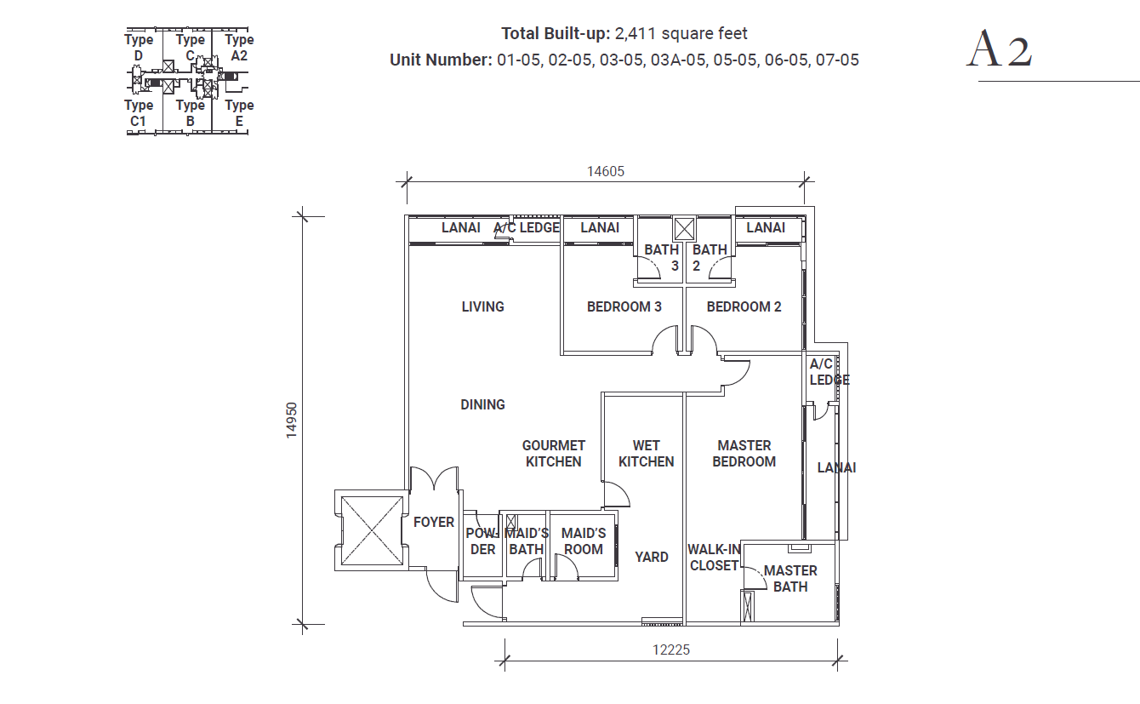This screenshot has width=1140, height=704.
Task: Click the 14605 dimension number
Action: (605, 171)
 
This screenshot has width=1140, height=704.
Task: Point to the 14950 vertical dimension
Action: (291, 421)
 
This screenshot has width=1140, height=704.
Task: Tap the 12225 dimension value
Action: (670, 650)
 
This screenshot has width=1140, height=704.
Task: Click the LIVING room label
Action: (482, 306)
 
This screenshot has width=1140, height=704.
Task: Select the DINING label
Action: (482, 404)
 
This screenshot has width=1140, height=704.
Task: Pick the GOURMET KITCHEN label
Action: (553, 454)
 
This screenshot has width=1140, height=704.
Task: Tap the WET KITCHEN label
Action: (646, 454)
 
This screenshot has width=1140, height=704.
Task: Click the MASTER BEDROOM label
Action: (744, 454)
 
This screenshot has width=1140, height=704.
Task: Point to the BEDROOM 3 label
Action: (624, 306)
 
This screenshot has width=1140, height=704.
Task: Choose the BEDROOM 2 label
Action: (744, 306)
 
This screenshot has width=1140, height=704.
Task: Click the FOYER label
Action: (434, 522)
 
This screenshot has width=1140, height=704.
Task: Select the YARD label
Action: (652, 557)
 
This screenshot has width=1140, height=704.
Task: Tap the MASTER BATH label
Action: (790, 579)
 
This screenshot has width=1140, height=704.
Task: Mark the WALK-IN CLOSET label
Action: (714, 558)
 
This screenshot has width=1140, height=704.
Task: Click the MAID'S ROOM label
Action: (584, 541)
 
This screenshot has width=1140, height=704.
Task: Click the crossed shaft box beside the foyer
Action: (372, 530)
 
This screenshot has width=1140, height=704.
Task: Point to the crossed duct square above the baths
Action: (684, 229)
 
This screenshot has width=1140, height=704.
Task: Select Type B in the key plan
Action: (190, 113)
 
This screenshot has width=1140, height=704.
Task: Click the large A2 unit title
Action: (1000, 49)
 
